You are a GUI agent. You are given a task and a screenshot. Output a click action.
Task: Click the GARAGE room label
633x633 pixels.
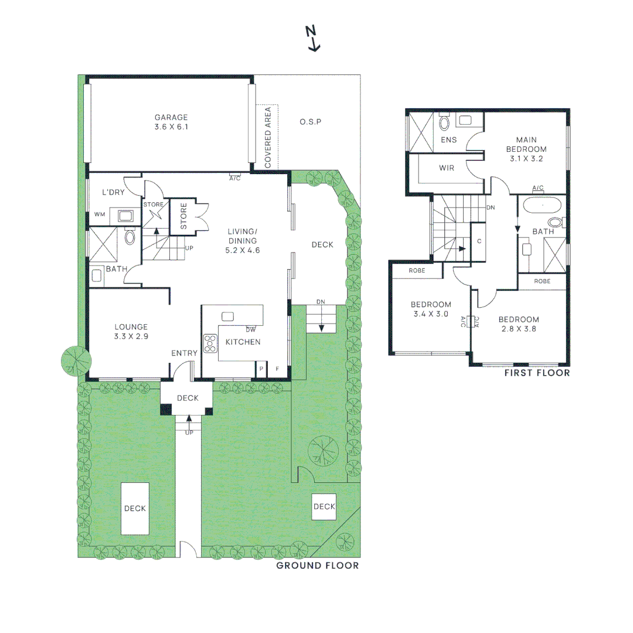point(171,117)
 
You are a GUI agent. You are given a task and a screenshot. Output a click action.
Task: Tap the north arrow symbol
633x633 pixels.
point(312,38)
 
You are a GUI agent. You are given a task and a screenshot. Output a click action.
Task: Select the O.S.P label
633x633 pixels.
point(311,122)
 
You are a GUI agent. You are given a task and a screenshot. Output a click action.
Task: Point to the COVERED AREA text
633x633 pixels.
point(268,137)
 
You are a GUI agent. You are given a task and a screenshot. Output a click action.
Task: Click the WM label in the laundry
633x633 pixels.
point(100,215)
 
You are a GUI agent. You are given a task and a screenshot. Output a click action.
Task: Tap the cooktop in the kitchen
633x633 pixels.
point(210,343)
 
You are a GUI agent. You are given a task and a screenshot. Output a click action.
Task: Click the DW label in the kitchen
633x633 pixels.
point(251,330)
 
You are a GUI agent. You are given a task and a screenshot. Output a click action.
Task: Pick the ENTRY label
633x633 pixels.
point(185,353)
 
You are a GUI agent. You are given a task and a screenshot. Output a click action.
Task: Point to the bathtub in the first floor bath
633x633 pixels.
point(542,205)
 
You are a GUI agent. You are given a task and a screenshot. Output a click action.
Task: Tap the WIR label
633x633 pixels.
point(447,168)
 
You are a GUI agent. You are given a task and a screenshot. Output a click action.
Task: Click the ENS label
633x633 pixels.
point(449,139)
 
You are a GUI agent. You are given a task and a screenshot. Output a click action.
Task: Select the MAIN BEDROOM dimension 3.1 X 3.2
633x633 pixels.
point(526,159)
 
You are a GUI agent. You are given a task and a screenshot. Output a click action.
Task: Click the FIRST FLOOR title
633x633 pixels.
point(537,373)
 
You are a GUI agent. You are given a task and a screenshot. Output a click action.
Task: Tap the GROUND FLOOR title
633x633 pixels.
point(318,566)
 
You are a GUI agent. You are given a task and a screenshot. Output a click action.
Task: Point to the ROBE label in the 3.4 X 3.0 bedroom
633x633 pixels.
point(417,270)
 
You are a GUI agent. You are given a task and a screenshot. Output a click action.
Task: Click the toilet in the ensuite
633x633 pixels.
point(444,122)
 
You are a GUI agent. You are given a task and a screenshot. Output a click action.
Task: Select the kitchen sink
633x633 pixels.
point(227,316)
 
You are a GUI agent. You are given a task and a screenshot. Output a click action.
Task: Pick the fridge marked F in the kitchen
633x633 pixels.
point(277,369)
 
